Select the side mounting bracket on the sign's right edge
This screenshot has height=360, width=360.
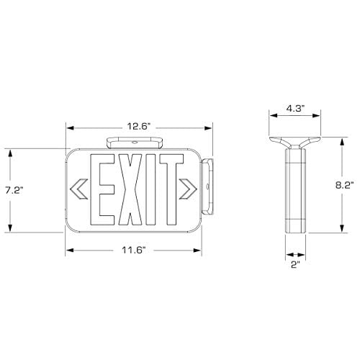[210, 186]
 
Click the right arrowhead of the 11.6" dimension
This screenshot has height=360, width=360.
[200, 251]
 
